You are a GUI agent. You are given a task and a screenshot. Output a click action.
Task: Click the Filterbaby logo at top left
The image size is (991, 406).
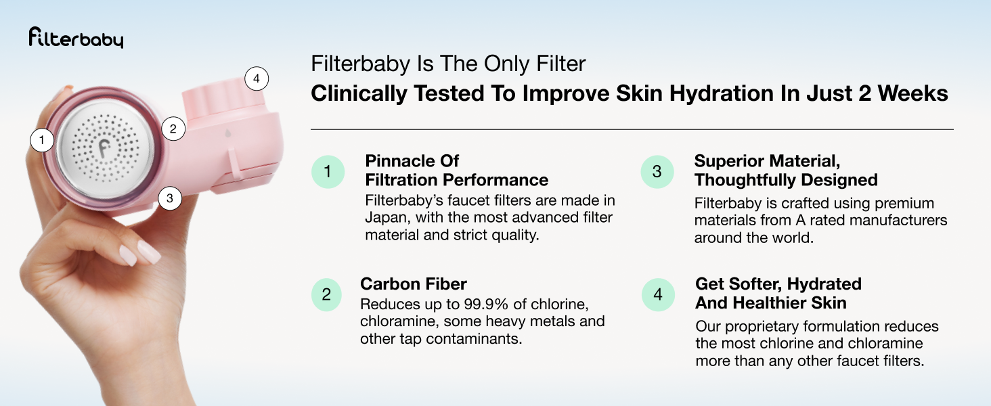[76, 39]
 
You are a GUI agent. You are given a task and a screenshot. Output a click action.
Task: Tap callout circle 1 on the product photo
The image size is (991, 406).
[42, 140]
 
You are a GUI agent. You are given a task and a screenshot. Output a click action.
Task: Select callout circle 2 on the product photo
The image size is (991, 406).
[173, 128]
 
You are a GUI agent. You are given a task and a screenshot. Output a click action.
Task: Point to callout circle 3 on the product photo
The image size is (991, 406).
[170, 198]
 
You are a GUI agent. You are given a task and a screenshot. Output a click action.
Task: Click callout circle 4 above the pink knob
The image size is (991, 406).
[256, 79]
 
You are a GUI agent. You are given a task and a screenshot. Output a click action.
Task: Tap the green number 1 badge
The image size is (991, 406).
[328, 172]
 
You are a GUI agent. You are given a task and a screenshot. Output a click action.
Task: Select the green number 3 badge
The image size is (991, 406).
[657, 172]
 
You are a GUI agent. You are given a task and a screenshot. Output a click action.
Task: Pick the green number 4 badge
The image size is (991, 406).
[657, 295]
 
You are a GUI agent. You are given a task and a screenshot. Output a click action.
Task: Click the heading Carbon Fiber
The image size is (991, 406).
[414, 284]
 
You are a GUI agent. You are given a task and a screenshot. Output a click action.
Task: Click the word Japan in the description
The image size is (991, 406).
[386, 218]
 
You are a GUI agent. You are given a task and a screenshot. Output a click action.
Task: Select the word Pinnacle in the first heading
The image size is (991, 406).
[398, 161]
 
